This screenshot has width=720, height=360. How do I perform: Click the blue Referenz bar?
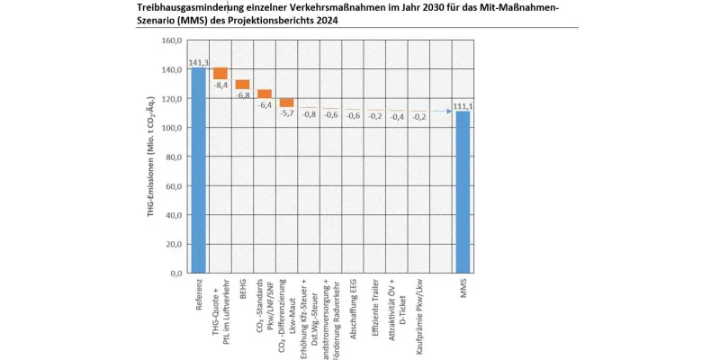tap(198, 171)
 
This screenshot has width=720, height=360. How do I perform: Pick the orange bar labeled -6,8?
tap(242, 85)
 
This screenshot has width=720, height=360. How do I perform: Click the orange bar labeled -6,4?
tap(265, 94)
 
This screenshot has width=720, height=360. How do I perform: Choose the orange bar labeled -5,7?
tap(286, 103)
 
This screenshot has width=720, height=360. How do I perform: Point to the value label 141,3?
tap(198, 62)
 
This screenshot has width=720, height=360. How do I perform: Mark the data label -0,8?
tap(309, 115)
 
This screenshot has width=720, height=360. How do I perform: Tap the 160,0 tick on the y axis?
tap(172, 40)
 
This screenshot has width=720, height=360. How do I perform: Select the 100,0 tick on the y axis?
tap(172, 128)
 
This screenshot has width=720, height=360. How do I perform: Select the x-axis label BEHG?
tap(243, 291)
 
